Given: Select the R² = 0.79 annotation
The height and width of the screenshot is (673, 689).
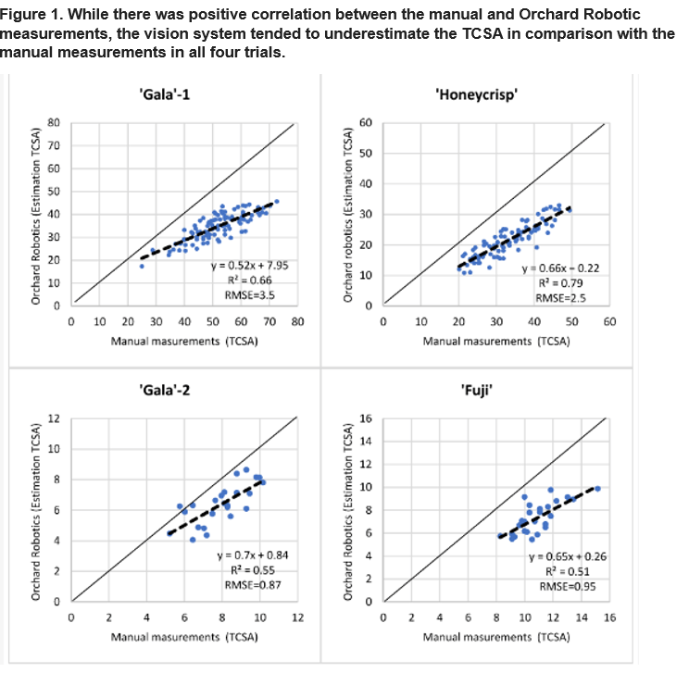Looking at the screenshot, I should pyautogui.click(x=556, y=282).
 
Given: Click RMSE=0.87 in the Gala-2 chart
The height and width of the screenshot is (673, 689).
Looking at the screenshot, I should pyautogui.click(x=244, y=584).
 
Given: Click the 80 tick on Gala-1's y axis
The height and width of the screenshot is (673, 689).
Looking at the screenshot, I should pyautogui.click(x=54, y=123).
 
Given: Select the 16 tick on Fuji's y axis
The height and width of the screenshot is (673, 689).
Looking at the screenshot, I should pyautogui.click(x=365, y=419).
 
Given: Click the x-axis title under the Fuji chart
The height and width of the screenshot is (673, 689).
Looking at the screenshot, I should pyautogui.click(x=496, y=638).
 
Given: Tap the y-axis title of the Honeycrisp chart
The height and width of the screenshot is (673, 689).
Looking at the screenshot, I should pyautogui.click(x=349, y=215).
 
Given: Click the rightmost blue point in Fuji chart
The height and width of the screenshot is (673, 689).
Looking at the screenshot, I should pyautogui.click(x=597, y=488).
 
